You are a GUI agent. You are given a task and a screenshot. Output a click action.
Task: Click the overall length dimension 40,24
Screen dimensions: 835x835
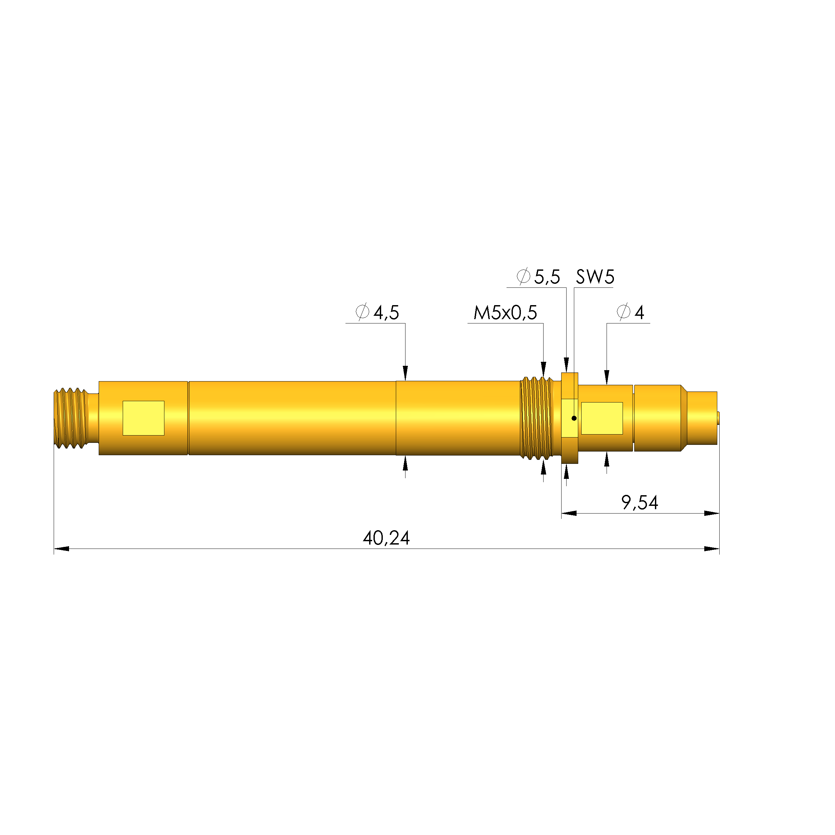click(x=386, y=538)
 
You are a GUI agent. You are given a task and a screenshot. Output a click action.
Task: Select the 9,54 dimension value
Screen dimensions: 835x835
click(x=640, y=503)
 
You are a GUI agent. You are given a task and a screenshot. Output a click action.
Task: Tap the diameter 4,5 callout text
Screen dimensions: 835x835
click(x=377, y=312)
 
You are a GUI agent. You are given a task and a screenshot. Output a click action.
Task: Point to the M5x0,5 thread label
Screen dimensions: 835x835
click(x=505, y=312)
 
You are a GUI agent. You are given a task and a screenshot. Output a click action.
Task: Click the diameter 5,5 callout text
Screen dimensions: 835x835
click(x=538, y=276)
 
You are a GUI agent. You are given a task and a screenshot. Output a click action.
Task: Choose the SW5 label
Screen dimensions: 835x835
click(x=595, y=276)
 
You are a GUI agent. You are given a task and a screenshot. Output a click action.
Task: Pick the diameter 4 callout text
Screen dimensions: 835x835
click(x=631, y=312)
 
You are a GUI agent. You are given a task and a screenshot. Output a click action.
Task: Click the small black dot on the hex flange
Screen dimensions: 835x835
click(x=574, y=418)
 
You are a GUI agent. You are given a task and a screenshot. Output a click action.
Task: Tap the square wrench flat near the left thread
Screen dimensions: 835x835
click(x=143, y=418)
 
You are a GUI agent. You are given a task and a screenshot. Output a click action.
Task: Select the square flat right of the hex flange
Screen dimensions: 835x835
click(x=602, y=418)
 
